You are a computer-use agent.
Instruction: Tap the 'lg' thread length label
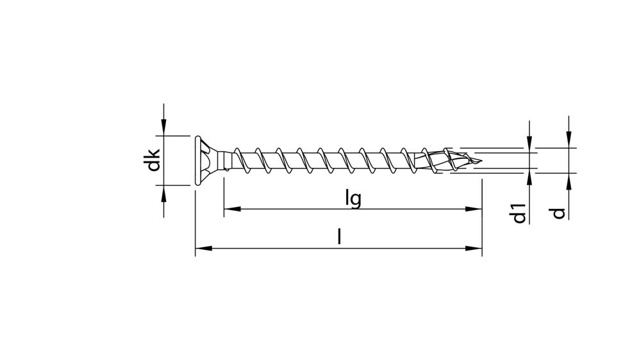[353, 199]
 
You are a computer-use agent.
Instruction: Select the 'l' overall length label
[339, 237]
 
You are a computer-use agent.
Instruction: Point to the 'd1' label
[520, 213]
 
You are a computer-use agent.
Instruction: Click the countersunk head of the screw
[205, 160]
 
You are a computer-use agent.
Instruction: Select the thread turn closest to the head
[238, 160]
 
